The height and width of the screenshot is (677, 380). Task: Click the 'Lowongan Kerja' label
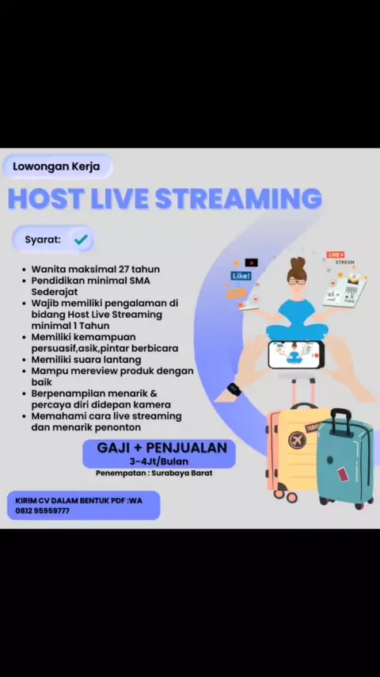click(56, 166)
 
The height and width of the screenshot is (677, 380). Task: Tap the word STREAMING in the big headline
click(238, 198)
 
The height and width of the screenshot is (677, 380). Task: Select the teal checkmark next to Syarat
click(81, 239)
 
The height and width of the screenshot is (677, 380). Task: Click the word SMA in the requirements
click(139, 281)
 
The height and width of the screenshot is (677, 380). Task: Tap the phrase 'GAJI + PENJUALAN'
click(161, 448)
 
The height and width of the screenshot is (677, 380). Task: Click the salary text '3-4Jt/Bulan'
click(158, 461)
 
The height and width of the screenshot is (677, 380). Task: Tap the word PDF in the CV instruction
click(116, 501)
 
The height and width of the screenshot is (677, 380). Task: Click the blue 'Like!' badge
click(241, 276)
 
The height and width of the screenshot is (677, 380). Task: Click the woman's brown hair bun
click(297, 263)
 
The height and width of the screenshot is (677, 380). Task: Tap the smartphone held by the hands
click(295, 354)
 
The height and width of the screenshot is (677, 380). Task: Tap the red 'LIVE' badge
click(335, 255)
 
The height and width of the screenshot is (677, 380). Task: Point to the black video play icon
click(251, 262)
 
